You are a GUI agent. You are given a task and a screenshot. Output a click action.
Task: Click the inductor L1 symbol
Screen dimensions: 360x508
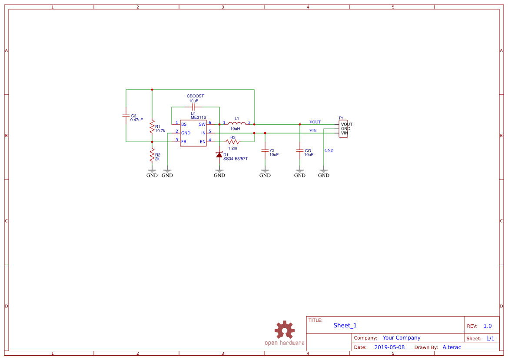pos(237,123)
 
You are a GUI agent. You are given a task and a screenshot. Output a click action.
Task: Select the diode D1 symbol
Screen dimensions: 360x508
pos(219,155)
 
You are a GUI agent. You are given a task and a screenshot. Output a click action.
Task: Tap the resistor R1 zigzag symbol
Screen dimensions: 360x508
pos(152,127)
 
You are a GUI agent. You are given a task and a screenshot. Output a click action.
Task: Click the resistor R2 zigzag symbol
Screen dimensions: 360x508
pos(152,156)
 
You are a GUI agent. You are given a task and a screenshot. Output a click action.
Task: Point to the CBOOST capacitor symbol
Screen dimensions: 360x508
pos(194,107)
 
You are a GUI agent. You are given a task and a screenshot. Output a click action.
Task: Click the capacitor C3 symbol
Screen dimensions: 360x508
pos(126,116)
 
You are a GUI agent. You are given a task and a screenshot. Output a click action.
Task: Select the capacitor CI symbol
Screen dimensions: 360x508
pos(265,150)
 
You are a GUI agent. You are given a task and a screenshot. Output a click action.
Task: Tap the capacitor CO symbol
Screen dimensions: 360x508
pos(300,150)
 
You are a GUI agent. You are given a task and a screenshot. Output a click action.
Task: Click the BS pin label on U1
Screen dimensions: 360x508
pos(184,124)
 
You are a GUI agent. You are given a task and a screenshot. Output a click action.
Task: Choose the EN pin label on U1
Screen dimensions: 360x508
pos(203,142)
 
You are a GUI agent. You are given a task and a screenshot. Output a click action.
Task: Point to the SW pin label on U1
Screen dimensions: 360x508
pos(202,124)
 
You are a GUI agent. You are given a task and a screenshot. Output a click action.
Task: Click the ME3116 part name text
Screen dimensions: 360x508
pos(198,117)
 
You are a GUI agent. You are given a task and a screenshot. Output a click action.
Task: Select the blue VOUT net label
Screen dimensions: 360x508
pos(315,122)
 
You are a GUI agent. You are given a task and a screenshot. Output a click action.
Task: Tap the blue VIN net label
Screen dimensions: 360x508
pos(313,131)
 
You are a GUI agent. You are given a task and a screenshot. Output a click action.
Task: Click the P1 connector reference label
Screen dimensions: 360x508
pos(342,118)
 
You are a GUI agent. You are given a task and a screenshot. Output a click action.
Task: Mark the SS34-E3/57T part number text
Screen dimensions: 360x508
pos(235,159)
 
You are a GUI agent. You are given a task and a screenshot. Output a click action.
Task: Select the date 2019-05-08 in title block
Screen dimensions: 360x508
pos(389,347)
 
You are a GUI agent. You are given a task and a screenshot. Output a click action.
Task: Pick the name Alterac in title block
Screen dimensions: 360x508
pos(452,347)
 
